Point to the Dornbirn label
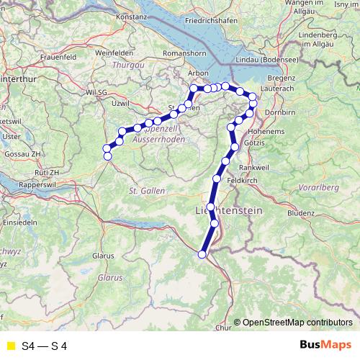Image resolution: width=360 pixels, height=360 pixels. (x=278, y=114)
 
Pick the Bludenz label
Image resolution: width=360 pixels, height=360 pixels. (x=300, y=213)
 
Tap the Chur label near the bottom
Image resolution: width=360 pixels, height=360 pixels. (x=224, y=328)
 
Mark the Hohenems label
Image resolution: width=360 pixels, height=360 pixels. (x=266, y=132)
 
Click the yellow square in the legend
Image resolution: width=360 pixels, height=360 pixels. (x=10, y=346)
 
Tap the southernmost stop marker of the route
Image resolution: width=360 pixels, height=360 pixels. (x=202, y=254)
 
